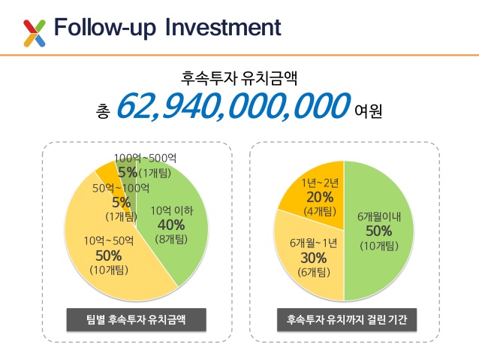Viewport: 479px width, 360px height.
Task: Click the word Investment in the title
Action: [222, 29]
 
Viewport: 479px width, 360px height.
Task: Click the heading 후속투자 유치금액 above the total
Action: [239, 77]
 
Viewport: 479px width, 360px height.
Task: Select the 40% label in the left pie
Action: [171, 225]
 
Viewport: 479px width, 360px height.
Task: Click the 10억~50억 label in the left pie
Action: [109, 241]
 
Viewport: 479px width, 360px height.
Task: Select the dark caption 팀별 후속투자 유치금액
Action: [136, 319]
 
